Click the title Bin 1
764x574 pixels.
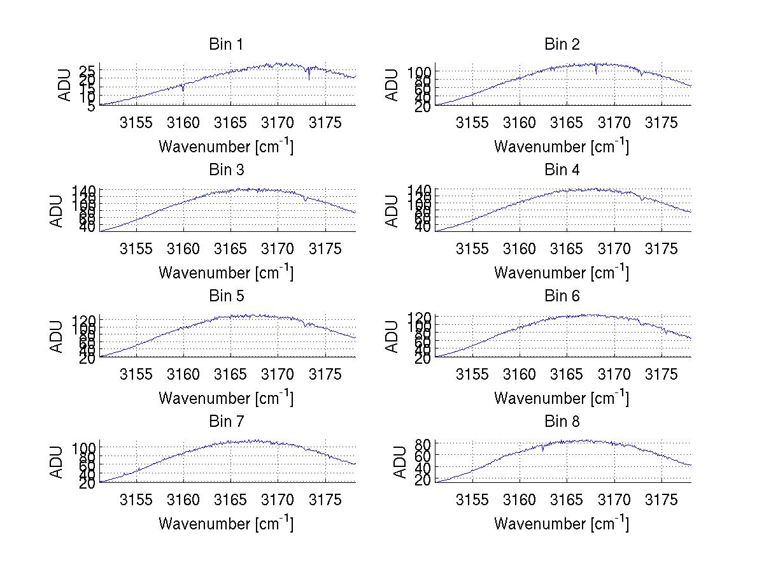pos(226,45)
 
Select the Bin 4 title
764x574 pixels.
pos(562,170)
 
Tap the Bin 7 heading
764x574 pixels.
pos(226,422)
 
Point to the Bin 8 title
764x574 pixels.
pos(562,422)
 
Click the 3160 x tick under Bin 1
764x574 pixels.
pos(183,123)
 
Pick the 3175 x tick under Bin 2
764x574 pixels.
pos(661,123)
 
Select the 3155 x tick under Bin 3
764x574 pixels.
pos(136,248)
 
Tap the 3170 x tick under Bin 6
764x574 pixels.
pos(614,374)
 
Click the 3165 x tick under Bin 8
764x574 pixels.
pos(567,499)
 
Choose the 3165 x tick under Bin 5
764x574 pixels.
pos(231,374)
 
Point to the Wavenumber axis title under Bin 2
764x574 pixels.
pos(562,147)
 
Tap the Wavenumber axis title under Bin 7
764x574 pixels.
pos(226,524)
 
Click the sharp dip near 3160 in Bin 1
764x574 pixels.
pos(183,90)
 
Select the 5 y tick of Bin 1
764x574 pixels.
pos(90,106)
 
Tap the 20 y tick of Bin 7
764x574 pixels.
pos(87,484)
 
